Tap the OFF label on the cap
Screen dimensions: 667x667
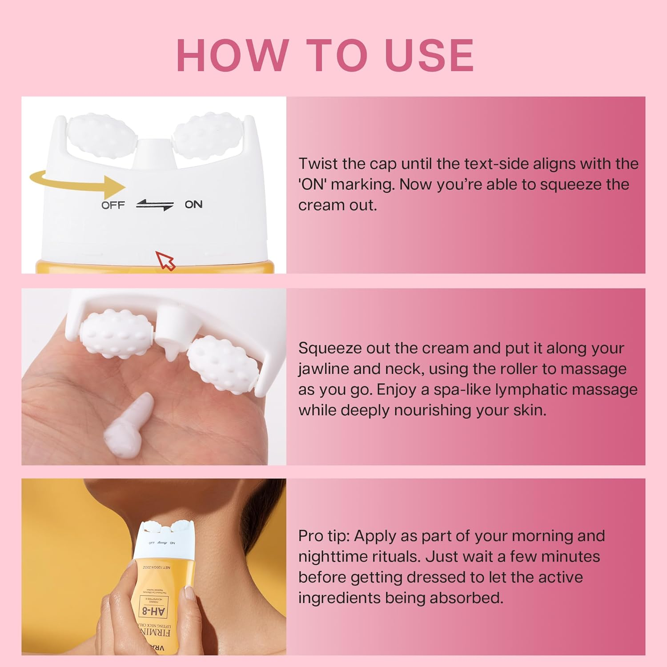coord(113,205)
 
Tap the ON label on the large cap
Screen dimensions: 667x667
coord(193,205)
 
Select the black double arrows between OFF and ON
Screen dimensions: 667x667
coord(155,205)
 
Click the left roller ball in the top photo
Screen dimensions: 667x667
coord(95,136)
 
